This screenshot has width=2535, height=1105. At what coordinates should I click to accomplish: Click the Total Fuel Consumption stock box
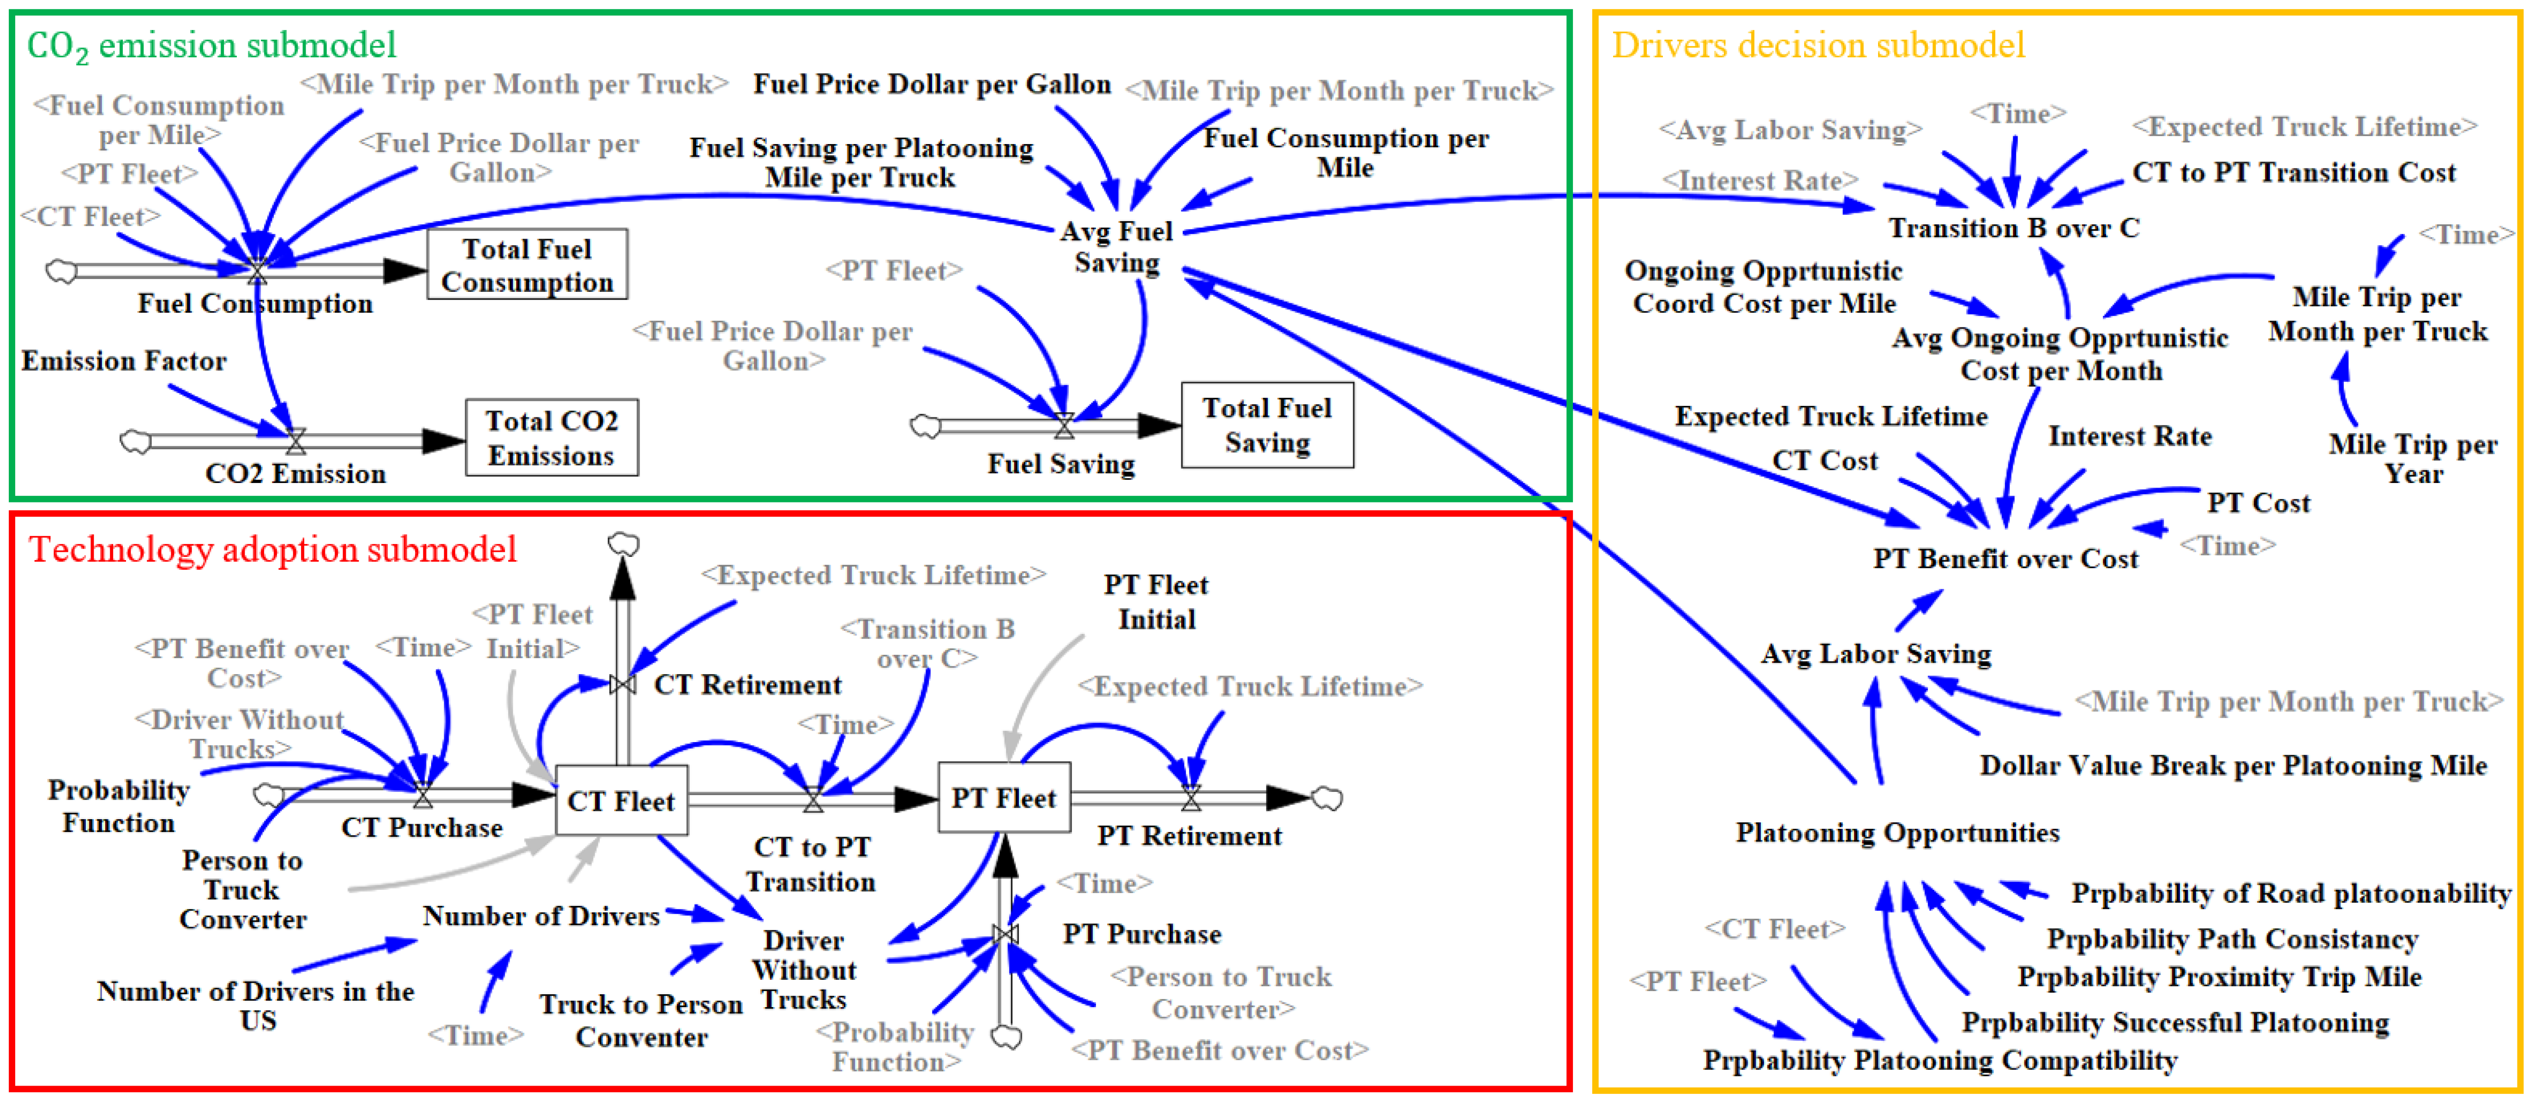tap(526, 265)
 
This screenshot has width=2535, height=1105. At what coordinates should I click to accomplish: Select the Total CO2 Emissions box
tap(551, 438)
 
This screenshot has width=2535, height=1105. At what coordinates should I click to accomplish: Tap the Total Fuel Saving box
tap(1266, 425)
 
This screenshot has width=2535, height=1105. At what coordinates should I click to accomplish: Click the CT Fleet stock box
tap(621, 801)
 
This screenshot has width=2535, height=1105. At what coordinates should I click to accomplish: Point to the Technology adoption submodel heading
tap(272, 549)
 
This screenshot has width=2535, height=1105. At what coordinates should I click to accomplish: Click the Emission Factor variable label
tap(124, 361)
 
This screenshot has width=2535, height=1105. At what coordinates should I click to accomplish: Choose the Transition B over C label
tap(2013, 228)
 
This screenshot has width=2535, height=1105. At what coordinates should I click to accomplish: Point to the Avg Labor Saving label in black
tap(1876, 653)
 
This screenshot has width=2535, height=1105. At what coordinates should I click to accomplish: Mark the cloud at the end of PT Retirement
tap(1328, 798)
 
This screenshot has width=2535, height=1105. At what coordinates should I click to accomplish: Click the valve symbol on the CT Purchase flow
tap(422, 795)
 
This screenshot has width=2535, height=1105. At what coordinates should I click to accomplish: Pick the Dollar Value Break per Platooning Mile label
tap(2233, 766)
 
